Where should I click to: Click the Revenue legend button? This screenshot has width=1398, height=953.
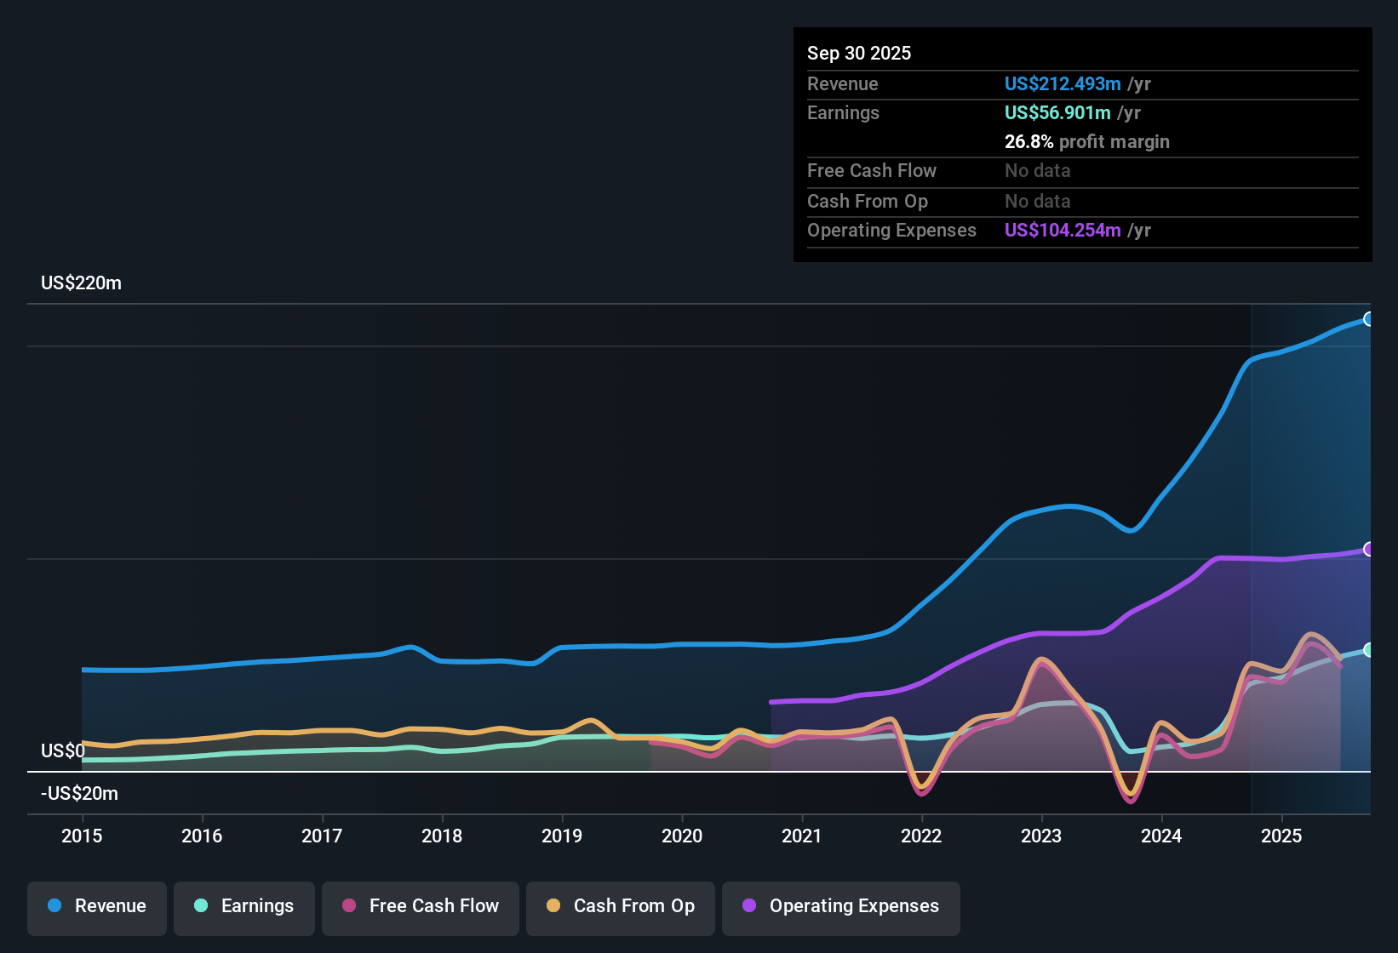pos(97,906)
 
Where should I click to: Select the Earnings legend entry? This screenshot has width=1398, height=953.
pos(244,906)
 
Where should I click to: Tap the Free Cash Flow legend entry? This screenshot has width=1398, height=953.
pos(421,906)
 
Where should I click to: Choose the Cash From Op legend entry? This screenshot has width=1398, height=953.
pos(621,906)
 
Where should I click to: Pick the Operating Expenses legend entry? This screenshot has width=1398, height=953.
pos(841,906)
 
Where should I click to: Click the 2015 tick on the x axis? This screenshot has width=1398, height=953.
pos(82,836)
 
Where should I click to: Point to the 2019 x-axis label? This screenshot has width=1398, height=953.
pos(562,836)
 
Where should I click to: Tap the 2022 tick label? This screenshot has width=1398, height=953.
pos(921,836)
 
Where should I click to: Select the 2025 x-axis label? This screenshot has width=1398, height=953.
pos(1281,836)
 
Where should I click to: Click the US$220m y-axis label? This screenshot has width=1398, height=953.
pos(81,283)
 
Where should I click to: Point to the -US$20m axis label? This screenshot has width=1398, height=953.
pos(79,794)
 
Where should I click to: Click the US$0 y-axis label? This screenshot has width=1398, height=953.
pos(63,750)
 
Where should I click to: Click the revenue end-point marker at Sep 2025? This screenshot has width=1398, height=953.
pos(1368,319)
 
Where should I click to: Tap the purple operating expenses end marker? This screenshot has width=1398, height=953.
pos(1368,550)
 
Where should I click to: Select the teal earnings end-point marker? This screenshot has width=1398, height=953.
pos(1368,650)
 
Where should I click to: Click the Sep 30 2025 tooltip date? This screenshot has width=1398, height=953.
pos(859,53)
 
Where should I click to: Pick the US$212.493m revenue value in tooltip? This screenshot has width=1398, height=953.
pos(1062,83)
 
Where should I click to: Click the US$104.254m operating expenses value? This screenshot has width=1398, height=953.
pos(1062,230)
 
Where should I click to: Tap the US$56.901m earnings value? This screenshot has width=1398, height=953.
pos(1057,112)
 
